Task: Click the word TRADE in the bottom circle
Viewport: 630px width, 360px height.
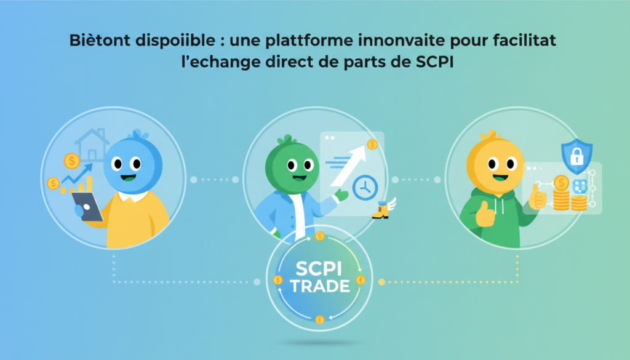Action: click(319, 286)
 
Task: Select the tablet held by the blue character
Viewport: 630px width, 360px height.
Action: click(88, 206)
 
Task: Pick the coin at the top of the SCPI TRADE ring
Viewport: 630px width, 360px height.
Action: click(319, 236)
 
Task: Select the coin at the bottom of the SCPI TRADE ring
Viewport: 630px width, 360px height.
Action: click(319, 320)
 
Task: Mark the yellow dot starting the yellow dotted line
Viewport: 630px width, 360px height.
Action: click(381, 282)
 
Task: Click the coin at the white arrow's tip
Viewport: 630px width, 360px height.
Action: click(372, 145)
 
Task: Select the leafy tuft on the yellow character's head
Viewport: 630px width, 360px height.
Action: click(488, 135)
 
